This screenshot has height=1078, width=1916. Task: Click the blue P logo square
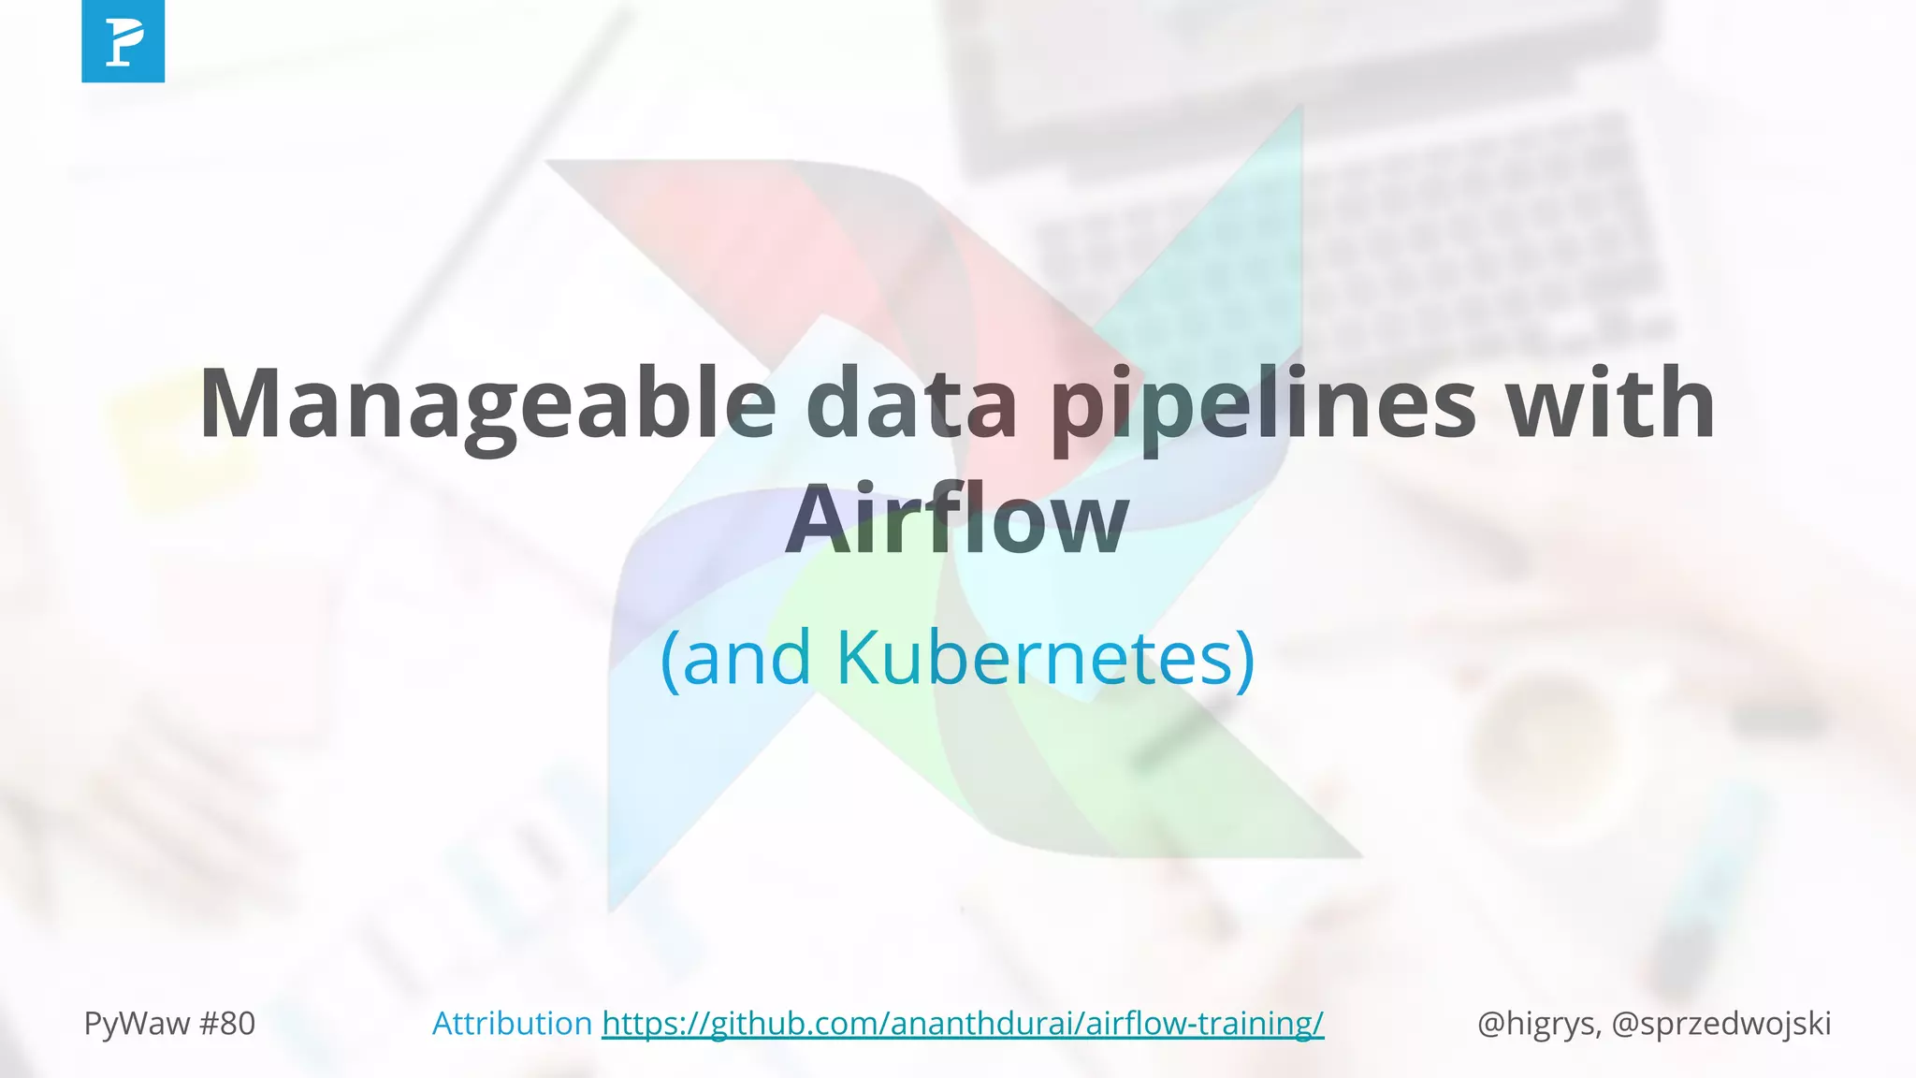point(123,41)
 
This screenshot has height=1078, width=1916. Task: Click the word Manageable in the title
point(486,404)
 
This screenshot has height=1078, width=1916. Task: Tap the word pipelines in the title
point(1263,404)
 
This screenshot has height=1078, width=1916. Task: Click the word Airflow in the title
point(956,519)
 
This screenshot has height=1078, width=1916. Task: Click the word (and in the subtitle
point(735,657)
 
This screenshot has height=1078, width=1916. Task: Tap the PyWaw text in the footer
point(137,1024)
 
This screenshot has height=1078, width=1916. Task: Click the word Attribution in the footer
point(512,1024)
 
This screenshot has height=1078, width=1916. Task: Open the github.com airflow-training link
point(963,1024)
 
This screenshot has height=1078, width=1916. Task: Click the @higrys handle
point(1537,1024)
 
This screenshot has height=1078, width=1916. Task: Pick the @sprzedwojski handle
point(1721,1024)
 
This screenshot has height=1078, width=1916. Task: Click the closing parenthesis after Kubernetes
point(1244,659)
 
